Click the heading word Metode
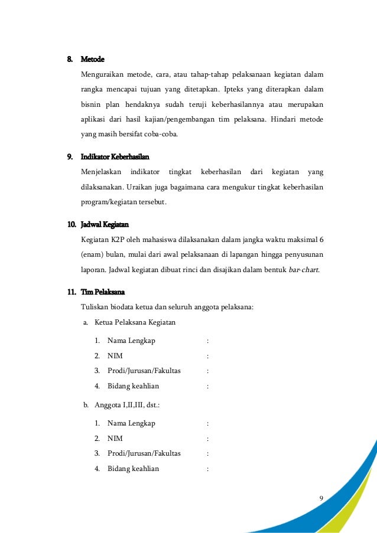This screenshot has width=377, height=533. tap(92, 60)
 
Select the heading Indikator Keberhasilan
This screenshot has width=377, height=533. tap(115, 157)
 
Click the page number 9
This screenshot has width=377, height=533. tap(321, 498)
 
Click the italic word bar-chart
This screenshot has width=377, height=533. tap(303, 270)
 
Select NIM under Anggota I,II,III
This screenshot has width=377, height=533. tap(115, 439)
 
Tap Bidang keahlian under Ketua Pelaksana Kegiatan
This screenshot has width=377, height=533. tap(133, 386)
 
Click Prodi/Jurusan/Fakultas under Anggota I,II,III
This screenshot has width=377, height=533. tap(144, 453)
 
